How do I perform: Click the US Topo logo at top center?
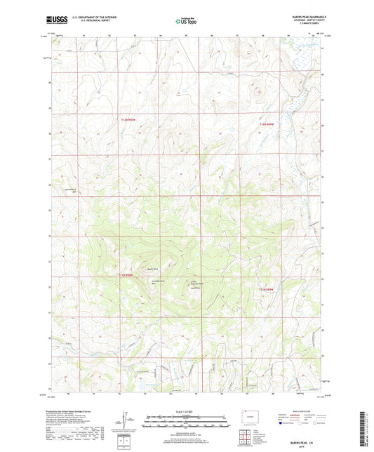pos(186,22)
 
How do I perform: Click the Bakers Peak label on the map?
pos(152,267)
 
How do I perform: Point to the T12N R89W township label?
pos(265,124)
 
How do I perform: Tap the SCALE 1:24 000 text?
pos(186,411)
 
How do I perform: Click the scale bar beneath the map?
pos(186,423)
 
